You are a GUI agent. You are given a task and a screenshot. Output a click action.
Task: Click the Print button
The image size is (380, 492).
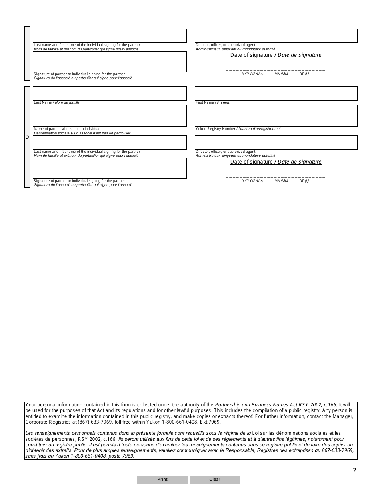click(162, 480)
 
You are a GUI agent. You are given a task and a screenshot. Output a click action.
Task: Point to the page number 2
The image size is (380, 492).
click(354, 470)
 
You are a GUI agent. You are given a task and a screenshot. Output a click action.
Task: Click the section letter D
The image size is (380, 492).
click(27, 137)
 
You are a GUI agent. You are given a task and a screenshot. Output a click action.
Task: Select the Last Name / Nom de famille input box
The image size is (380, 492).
click(110, 94)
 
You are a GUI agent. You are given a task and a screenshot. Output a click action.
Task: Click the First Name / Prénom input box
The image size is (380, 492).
click(276, 94)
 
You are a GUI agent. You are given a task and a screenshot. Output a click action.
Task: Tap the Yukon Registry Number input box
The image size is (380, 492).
click(276, 116)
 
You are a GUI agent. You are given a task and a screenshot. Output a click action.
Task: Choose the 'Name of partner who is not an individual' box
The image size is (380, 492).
click(110, 116)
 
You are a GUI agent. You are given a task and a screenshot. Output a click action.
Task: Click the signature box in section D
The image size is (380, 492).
click(110, 168)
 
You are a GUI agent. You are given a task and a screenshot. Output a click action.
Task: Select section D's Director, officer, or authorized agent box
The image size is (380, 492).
click(276, 142)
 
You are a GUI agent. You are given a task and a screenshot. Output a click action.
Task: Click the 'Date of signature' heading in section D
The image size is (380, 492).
click(276, 162)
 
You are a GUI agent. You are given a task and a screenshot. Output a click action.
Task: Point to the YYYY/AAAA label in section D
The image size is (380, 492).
click(252, 181)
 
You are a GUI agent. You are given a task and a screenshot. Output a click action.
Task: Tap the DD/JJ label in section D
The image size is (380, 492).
click(304, 181)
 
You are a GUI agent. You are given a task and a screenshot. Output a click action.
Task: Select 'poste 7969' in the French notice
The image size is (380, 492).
click(122, 456)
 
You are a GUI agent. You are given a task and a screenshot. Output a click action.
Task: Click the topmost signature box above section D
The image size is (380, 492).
click(110, 62)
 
